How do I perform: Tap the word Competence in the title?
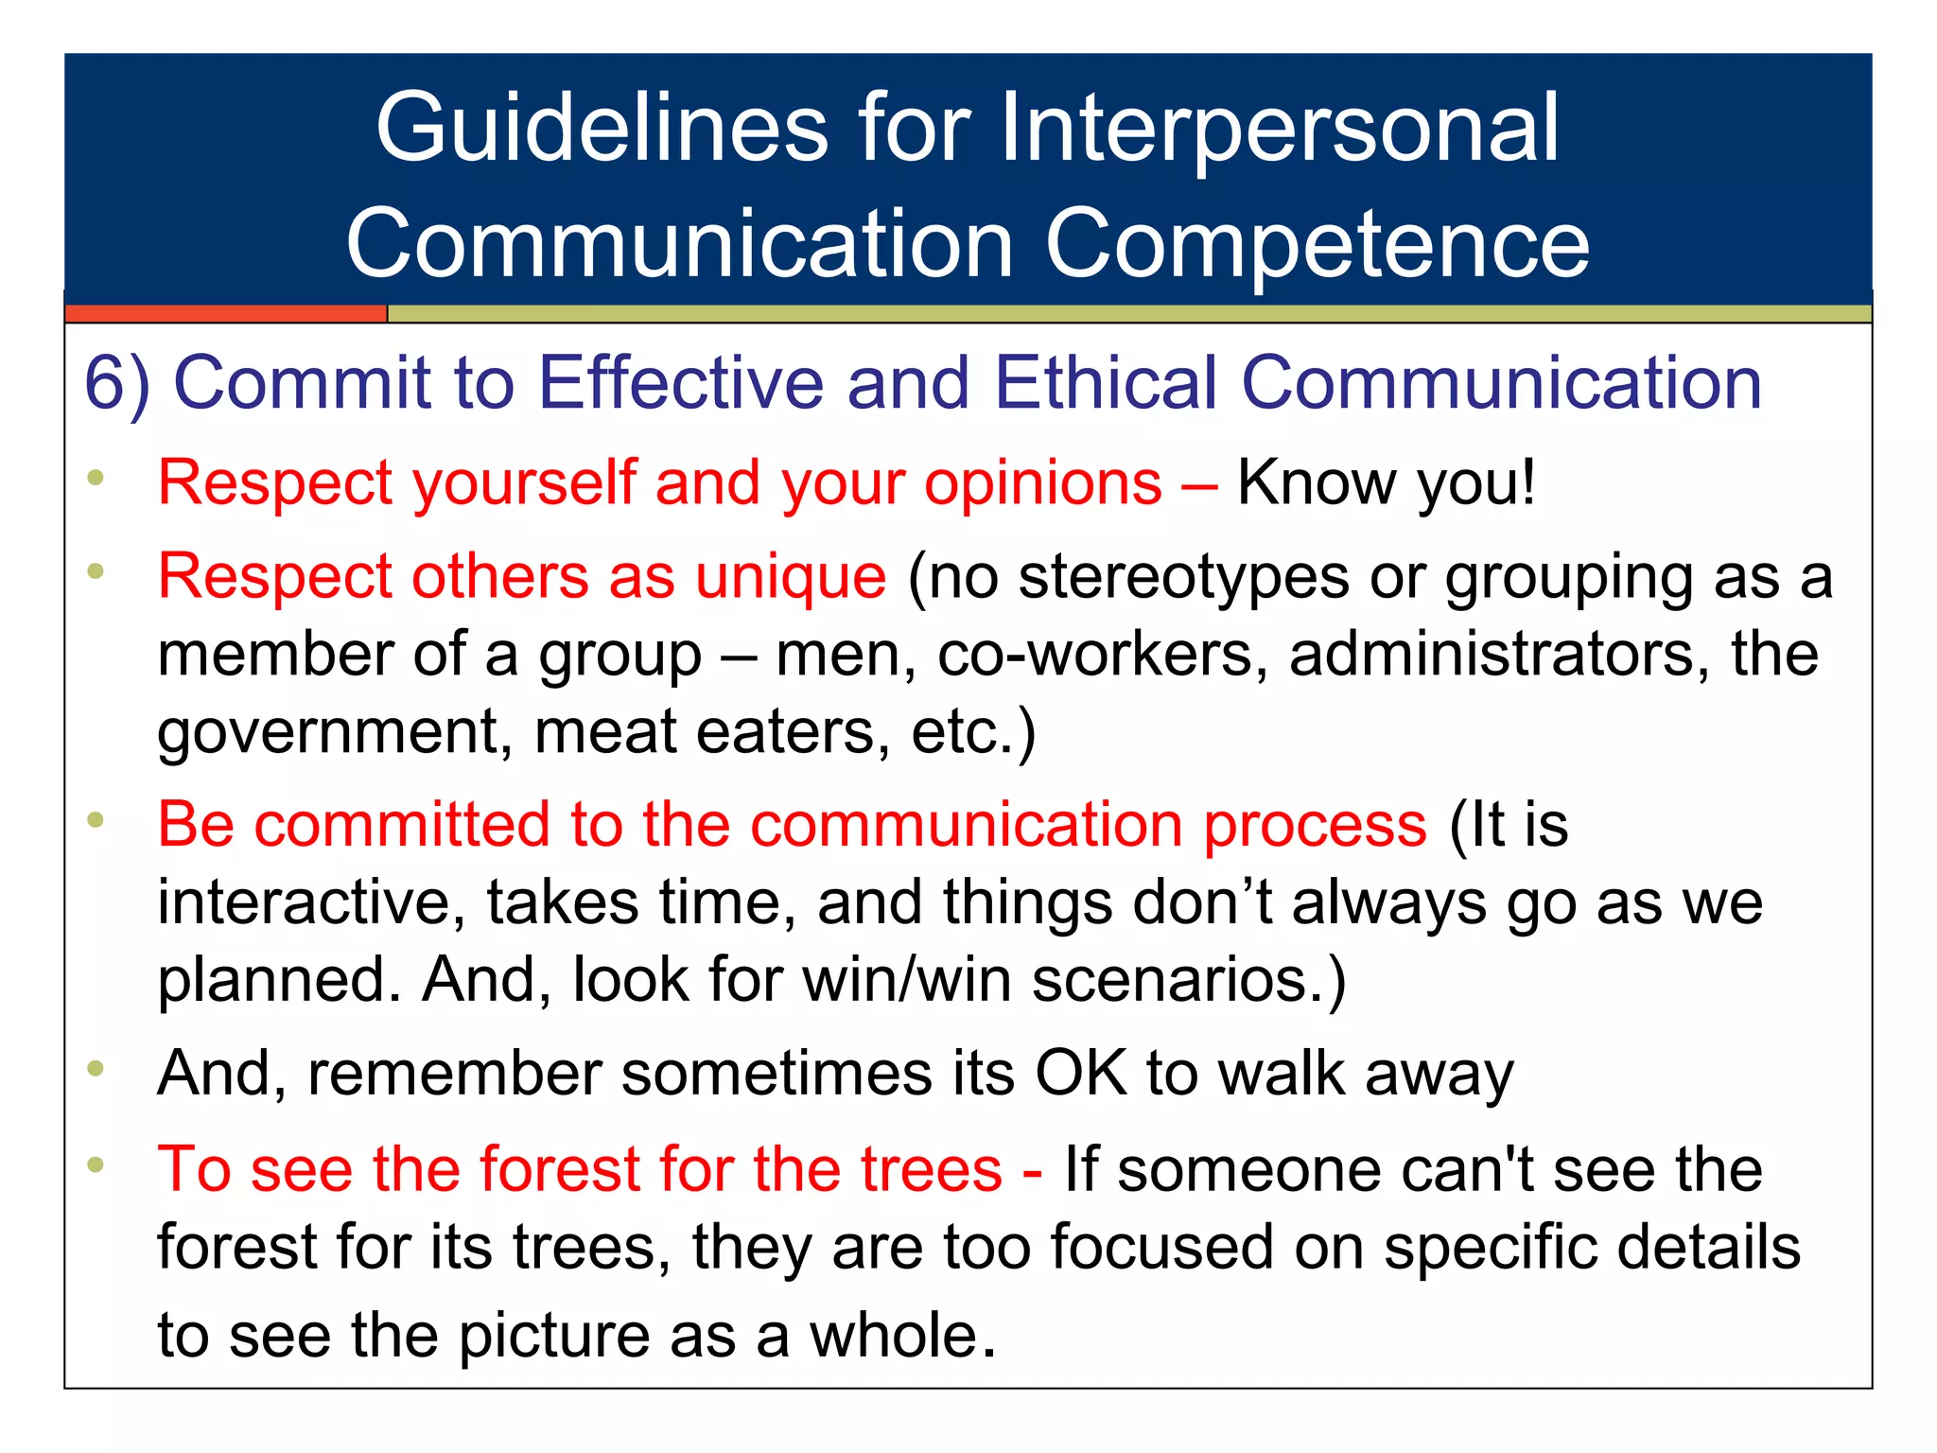[1317, 244]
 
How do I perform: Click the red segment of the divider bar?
[225, 313]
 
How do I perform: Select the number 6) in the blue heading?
[117, 383]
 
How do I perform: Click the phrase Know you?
[1386, 483]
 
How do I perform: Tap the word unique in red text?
[791, 576]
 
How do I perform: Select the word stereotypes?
[1182, 576]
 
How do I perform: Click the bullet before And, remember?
[96, 1070]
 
